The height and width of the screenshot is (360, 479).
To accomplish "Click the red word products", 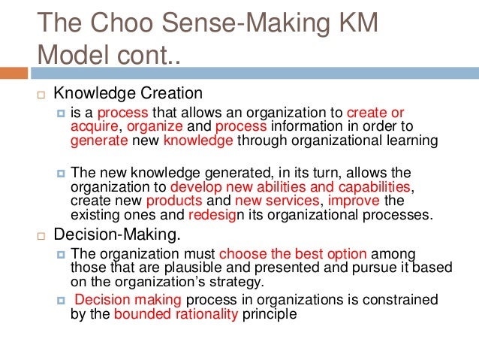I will click(174, 201).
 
